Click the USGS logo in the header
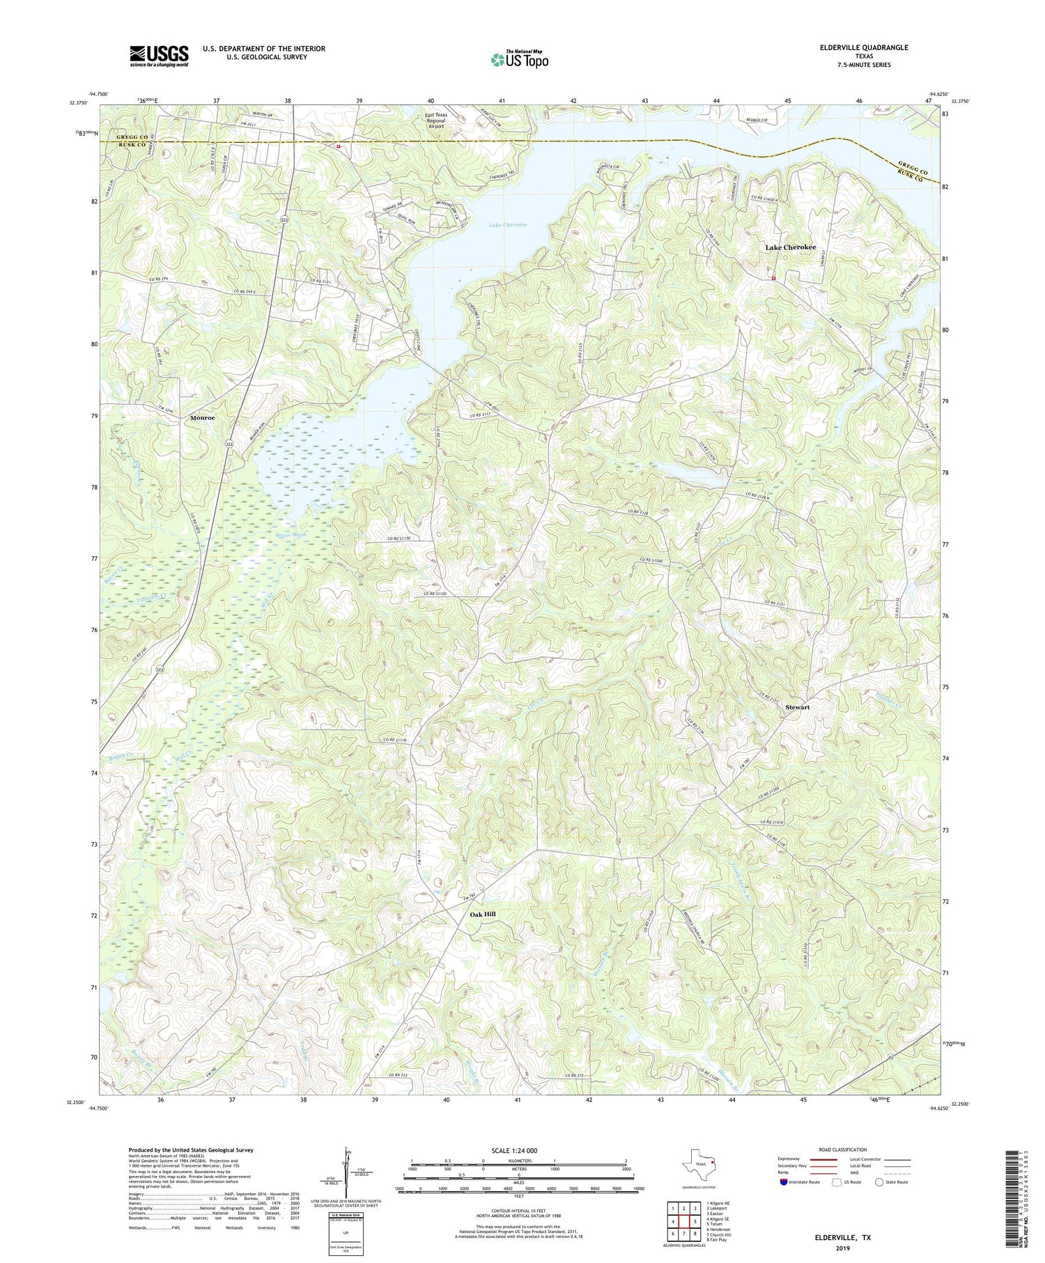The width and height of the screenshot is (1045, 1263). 159,56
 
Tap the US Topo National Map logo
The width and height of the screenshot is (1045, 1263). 519,59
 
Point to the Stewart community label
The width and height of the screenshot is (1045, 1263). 798,707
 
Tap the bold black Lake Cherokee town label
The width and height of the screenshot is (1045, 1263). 790,247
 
